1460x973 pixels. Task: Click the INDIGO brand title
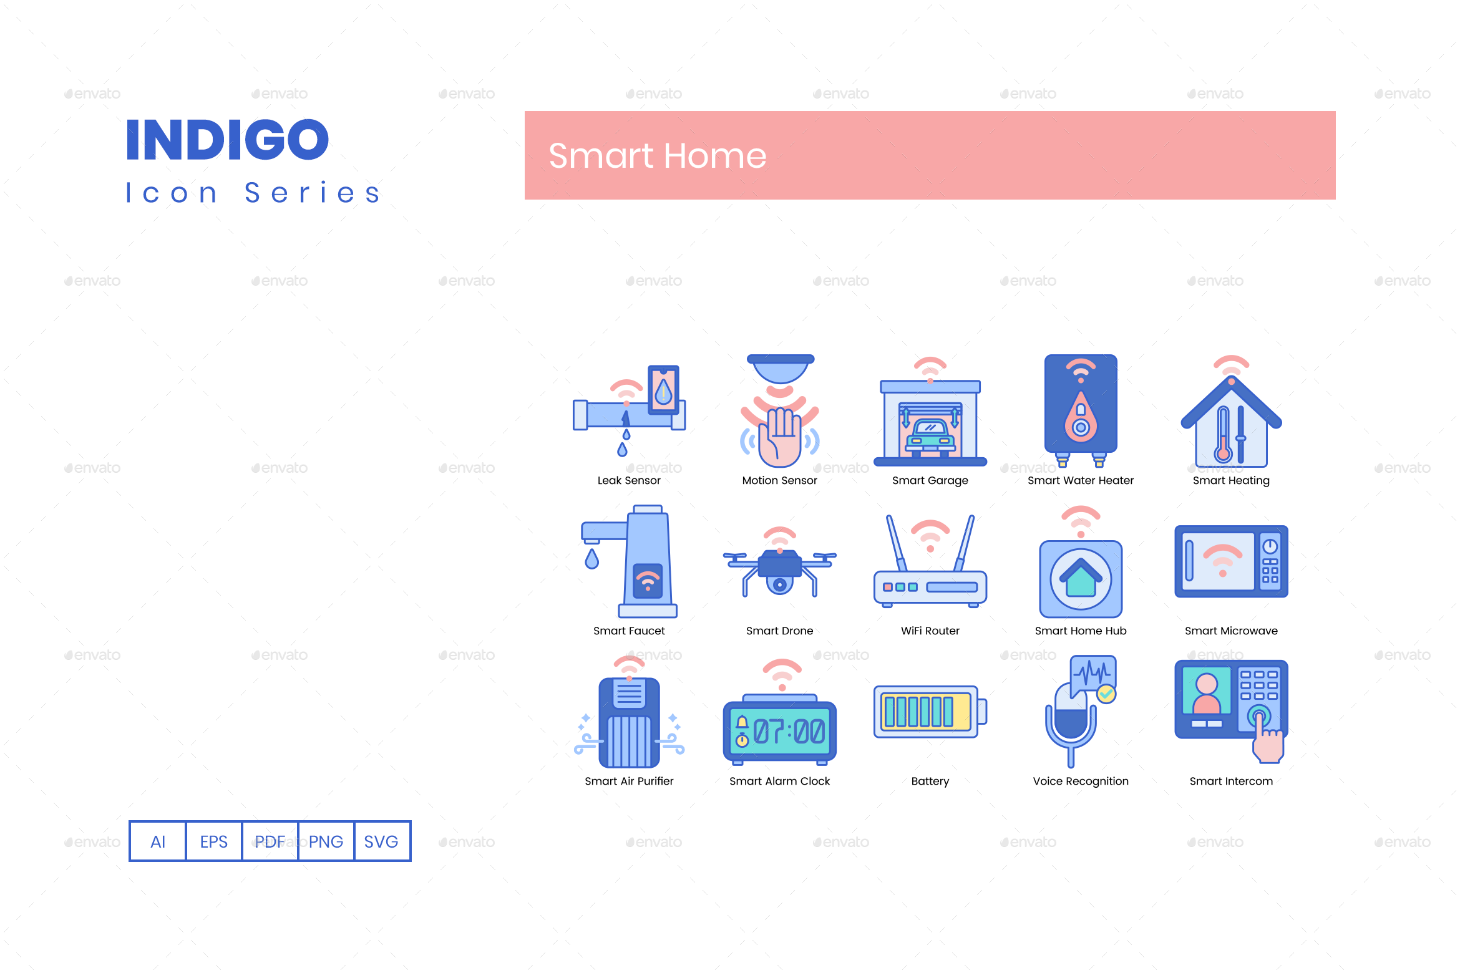coord(227,140)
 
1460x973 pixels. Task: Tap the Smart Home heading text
coord(657,156)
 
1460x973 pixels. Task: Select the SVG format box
coord(381,841)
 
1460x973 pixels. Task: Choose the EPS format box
coord(213,841)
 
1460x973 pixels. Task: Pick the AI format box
coord(158,841)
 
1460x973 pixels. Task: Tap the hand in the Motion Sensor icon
coord(780,437)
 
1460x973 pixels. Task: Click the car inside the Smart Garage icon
coord(930,435)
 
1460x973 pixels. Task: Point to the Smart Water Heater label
coord(1080,480)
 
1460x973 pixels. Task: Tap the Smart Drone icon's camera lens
coord(779,584)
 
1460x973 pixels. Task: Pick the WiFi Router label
coord(930,631)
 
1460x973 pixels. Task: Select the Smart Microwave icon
coord(1230,561)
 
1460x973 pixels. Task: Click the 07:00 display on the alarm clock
coord(789,731)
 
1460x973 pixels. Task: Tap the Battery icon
coord(930,712)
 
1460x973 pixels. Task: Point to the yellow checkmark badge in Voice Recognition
coord(1106,694)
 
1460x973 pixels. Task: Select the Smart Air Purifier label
coord(629,781)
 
